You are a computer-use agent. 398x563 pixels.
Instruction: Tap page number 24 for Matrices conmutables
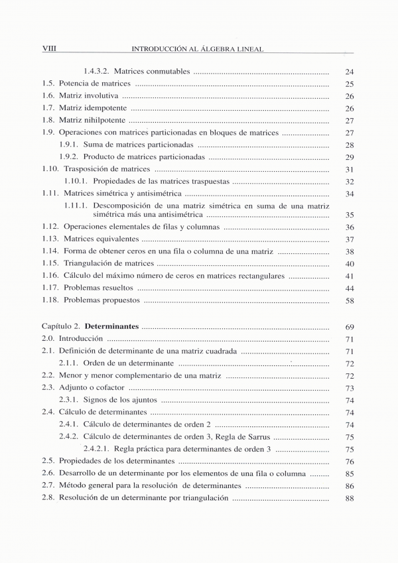(x=350, y=72)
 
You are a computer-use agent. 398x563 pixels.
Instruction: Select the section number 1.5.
(x=48, y=84)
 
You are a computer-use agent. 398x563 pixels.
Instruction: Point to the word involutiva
(x=101, y=95)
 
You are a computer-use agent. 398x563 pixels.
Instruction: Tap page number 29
(x=350, y=157)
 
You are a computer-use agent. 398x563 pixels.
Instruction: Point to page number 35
(x=350, y=215)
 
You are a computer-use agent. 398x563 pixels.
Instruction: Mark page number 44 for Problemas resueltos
(x=350, y=288)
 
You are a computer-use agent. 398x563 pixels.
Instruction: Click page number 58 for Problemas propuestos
(x=350, y=300)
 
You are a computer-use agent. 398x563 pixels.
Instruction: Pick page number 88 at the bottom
(x=350, y=499)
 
